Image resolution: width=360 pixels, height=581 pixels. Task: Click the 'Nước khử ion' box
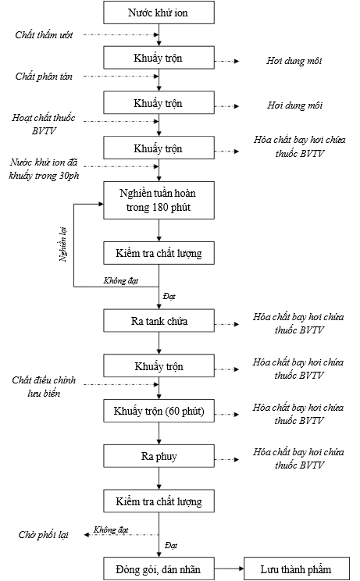[x=159, y=12]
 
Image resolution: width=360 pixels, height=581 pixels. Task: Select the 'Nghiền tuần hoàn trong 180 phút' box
[x=159, y=200]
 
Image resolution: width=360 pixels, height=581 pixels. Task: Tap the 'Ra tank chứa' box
[x=159, y=321]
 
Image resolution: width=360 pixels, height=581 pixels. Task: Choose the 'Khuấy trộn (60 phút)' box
[x=159, y=411]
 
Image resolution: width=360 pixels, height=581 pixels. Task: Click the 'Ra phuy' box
[x=159, y=456]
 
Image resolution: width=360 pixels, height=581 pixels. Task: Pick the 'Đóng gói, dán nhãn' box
[x=159, y=569]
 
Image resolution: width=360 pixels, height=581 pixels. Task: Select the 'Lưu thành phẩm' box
[x=296, y=569]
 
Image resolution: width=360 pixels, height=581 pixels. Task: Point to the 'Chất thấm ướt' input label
[x=44, y=35]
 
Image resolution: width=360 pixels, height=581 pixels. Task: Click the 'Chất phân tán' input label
[x=44, y=77]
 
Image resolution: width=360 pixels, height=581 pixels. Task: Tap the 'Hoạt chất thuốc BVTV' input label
[x=43, y=124]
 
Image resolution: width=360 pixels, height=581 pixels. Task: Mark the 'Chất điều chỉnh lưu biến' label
[x=44, y=387]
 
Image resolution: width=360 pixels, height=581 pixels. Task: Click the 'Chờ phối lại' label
[x=44, y=535]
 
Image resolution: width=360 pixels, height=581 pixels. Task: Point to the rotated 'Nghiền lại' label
[x=63, y=244]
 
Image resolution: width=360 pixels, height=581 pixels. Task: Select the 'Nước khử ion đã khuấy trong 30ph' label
[x=44, y=169]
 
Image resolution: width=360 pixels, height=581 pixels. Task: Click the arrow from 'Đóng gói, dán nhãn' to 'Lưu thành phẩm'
[x=229, y=569]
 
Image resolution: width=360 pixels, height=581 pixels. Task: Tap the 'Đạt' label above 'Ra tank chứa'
[x=169, y=297]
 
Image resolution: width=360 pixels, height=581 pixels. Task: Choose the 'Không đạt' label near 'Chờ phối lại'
[x=111, y=530]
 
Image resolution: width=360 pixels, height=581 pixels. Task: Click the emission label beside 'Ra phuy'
[x=298, y=458]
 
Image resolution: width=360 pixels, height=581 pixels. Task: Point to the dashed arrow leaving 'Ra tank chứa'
[x=226, y=324]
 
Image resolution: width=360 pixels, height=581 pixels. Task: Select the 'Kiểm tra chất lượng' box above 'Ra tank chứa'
[x=159, y=253]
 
